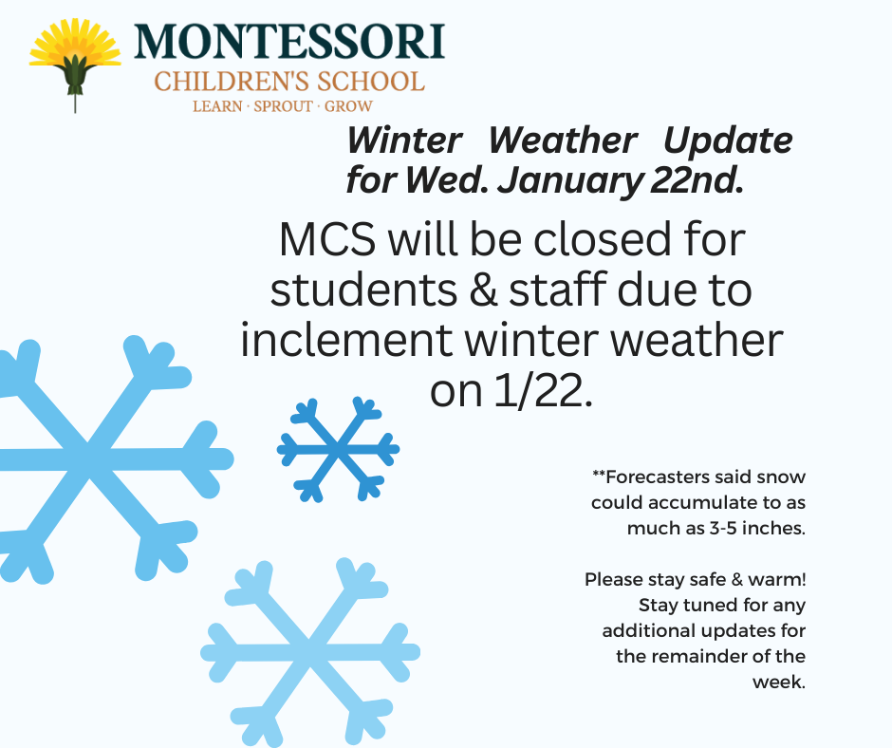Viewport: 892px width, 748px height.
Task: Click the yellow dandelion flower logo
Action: point(75,63)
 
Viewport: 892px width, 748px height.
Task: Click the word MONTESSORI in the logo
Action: point(289,41)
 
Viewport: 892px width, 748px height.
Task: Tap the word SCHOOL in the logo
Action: point(370,82)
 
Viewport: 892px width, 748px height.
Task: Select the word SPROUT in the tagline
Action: point(283,106)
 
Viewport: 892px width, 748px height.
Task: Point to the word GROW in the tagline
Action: point(348,106)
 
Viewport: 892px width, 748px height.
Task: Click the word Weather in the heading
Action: point(563,140)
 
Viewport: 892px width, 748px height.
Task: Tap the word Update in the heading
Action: point(728,141)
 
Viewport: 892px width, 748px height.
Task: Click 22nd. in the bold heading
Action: point(697,180)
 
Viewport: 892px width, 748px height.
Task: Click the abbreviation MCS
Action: point(327,239)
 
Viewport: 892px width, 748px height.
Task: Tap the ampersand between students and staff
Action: point(484,290)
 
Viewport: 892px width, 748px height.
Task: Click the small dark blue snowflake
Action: point(338,449)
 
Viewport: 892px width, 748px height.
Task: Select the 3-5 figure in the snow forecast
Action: point(723,529)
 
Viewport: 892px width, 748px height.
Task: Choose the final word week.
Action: point(779,682)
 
